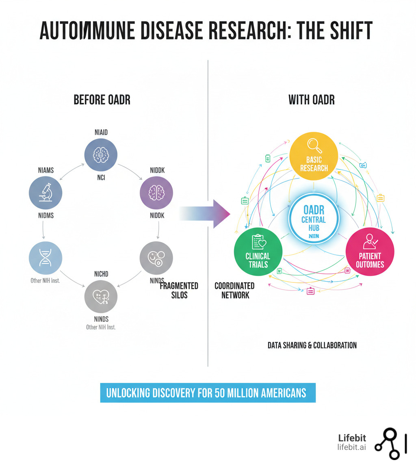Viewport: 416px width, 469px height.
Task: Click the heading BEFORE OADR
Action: (x=102, y=100)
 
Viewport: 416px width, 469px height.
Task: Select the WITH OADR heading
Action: (x=312, y=100)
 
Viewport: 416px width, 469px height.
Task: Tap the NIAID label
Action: (x=101, y=132)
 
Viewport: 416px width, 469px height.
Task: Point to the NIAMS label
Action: (x=45, y=170)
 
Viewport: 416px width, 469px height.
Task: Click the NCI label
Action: (x=101, y=178)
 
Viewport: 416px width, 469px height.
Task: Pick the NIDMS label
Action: (x=45, y=216)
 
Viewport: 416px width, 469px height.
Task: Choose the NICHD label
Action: (x=101, y=274)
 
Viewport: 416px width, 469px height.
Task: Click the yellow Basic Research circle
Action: (x=314, y=156)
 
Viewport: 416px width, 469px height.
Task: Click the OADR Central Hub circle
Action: (x=314, y=218)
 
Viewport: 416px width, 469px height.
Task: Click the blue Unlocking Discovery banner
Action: (x=208, y=393)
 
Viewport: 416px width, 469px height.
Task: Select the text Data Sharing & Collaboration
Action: (x=312, y=345)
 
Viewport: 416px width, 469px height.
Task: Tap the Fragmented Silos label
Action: (x=179, y=290)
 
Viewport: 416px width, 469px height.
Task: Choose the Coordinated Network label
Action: (x=235, y=290)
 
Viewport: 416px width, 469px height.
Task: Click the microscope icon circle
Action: (x=45, y=193)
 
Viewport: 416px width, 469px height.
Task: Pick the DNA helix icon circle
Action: (x=45, y=258)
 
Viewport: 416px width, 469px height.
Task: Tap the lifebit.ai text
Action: (x=351, y=447)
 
